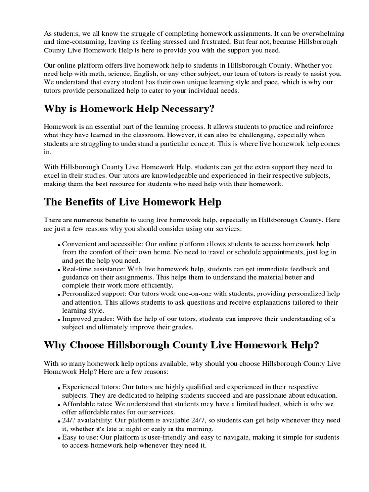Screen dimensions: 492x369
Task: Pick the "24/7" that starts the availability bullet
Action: coord(70,420)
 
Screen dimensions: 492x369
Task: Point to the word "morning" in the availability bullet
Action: coord(200,429)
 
